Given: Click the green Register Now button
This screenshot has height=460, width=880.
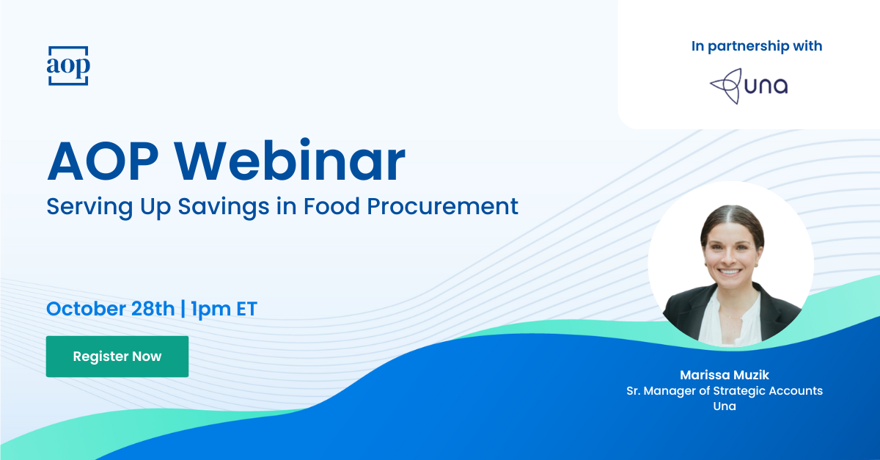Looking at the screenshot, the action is click(117, 357).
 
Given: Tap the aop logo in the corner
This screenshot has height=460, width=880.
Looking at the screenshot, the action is click(68, 65).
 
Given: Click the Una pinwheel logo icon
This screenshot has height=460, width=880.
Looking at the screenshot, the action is click(725, 86).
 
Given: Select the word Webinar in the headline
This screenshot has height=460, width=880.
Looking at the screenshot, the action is click(290, 161).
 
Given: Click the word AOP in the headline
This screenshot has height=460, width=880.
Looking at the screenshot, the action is click(103, 161).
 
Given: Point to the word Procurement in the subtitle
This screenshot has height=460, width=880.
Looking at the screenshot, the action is click(442, 206).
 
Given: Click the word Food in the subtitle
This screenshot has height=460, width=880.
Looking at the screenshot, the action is click(331, 206).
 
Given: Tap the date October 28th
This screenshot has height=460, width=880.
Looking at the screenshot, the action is click(111, 309).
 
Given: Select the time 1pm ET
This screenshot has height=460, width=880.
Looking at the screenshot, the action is click(224, 309).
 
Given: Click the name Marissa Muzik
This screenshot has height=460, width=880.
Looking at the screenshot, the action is click(725, 375).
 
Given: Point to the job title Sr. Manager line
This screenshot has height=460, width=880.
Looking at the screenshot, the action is click(725, 391).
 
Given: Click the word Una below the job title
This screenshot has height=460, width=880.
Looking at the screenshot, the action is click(725, 406).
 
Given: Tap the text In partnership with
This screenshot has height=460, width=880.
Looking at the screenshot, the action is click(757, 46).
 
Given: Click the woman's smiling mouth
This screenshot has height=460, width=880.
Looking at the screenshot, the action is click(730, 271).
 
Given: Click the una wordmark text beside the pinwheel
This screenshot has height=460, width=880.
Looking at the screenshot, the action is click(766, 86).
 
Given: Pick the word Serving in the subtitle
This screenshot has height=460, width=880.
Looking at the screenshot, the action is click(89, 207).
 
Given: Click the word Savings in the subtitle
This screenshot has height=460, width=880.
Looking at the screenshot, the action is click(224, 207).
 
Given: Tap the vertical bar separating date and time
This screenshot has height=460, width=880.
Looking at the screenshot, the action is click(183, 309).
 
